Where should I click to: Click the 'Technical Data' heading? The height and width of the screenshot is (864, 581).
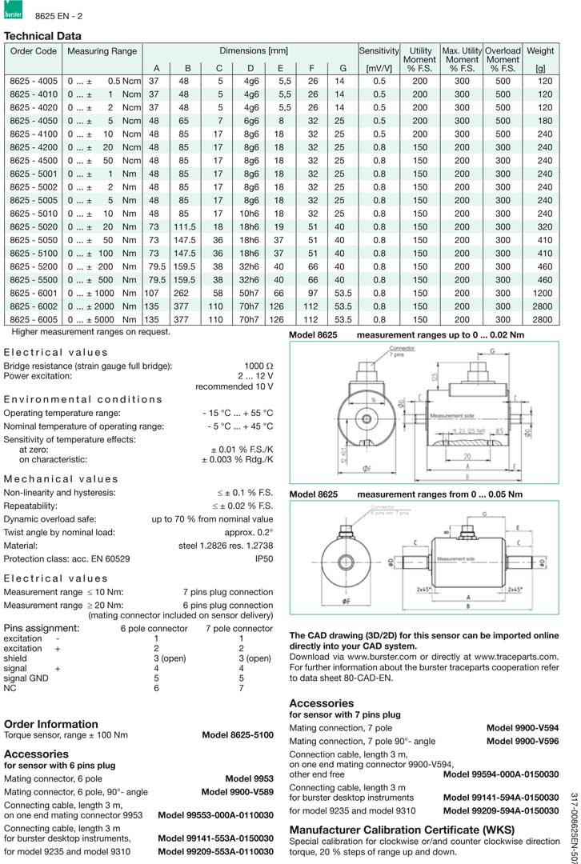click(42, 36)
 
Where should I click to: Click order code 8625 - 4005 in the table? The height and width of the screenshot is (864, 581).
click(34, 82)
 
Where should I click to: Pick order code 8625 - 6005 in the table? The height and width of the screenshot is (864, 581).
click(34, 319)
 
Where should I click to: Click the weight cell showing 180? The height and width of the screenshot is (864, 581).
click(545, 121)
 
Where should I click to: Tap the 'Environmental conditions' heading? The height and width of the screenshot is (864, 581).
click(83, 399)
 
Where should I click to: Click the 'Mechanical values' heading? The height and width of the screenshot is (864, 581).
click(61, 478)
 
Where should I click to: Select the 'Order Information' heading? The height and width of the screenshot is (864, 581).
click(51, 724)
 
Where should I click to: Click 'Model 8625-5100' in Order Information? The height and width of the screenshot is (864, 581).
click(237, 734)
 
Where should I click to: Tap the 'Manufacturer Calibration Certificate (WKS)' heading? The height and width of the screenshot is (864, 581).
click(402, 830)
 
